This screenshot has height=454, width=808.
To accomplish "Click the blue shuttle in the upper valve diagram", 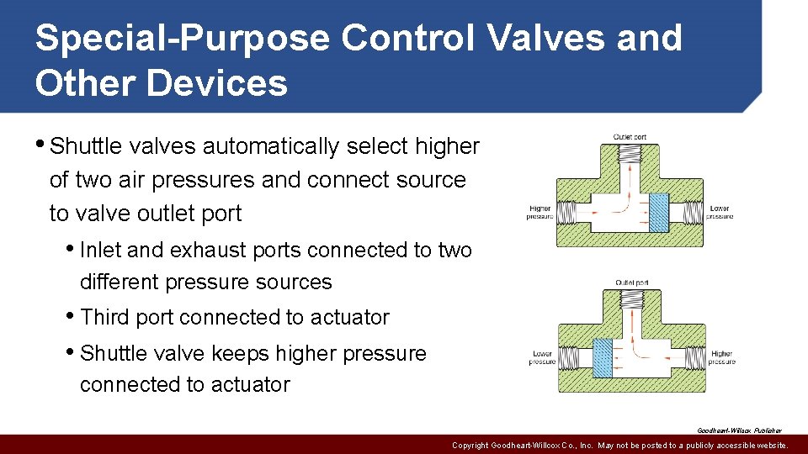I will [x=660, y=214].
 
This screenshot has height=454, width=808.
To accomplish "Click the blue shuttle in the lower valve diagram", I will [x=603, y=357].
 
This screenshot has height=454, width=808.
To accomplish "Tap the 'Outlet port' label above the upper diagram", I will [x=630, y=137].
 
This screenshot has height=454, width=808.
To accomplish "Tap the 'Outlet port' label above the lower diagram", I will [x=631, y=282].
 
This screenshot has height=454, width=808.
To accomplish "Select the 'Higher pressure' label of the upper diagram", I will [x=540, y=213].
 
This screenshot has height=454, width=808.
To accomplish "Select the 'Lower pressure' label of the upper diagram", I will [x=720, y=213].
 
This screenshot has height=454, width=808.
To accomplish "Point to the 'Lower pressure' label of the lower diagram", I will [x=542, y=357].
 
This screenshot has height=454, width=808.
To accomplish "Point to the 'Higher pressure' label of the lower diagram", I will [x=721, y=357].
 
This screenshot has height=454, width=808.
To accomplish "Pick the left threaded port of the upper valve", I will [x=567, y=213].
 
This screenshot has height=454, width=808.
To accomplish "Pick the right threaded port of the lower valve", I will [x=692, y=357].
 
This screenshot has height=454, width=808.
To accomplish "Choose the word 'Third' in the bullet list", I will [x=104, y=317].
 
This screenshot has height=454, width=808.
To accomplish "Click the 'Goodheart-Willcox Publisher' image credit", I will [x=739, y=430].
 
